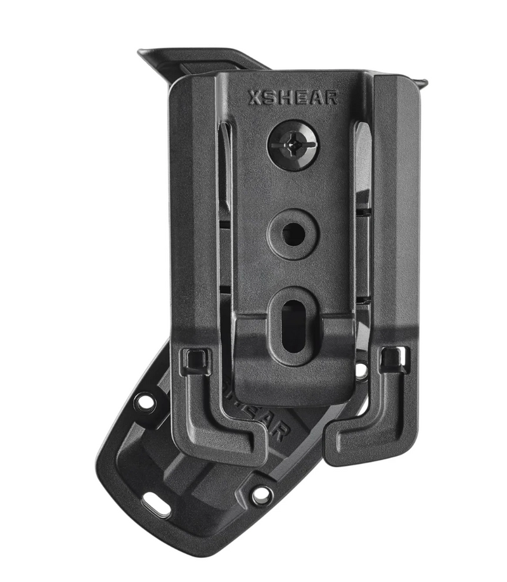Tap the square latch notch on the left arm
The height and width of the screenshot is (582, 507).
(x=193, y=359)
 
